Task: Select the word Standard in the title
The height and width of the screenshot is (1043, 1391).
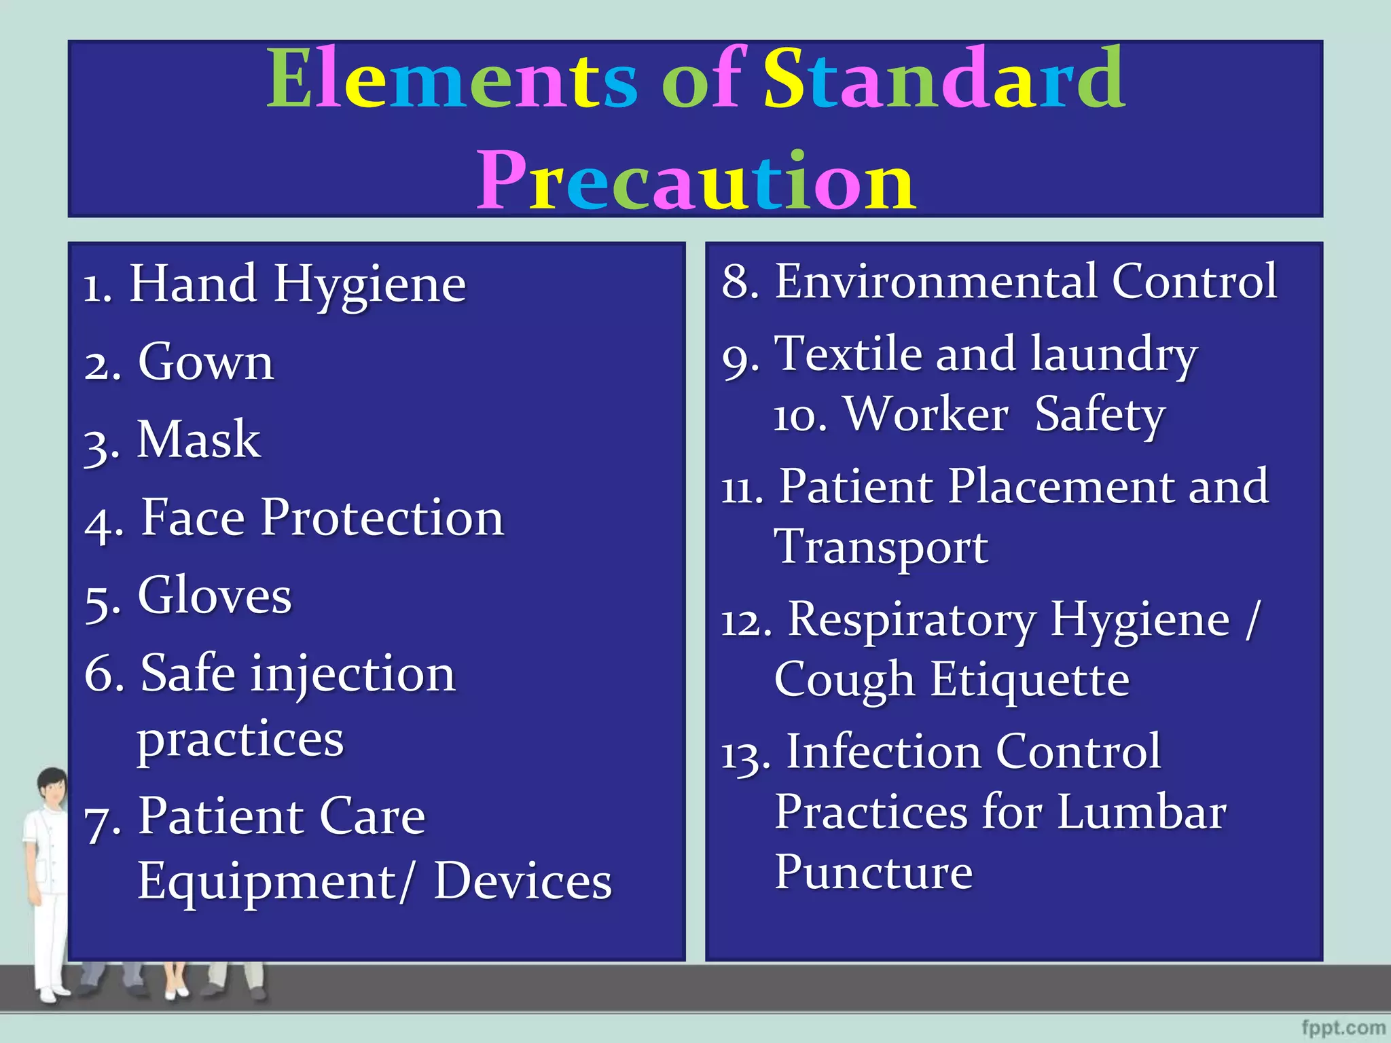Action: (x=944, y=80)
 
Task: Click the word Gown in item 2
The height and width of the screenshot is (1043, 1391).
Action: (x=206, y=363)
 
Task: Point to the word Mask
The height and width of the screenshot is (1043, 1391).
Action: (x=198, y=441)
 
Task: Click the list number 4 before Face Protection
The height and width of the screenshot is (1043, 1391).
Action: (x=102, y=524)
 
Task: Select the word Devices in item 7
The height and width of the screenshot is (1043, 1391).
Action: (x=522, y=882)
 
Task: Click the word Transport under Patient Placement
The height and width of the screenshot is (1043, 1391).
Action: (x=881, y=547)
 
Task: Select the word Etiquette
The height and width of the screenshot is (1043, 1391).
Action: (x=1030, y=680)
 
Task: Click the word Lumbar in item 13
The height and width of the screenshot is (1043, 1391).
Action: (x=1142, y=813)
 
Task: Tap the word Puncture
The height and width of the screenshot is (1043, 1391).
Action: (x=873, y=873)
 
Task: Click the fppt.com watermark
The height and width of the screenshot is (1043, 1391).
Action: (x=1343, y=1028)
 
